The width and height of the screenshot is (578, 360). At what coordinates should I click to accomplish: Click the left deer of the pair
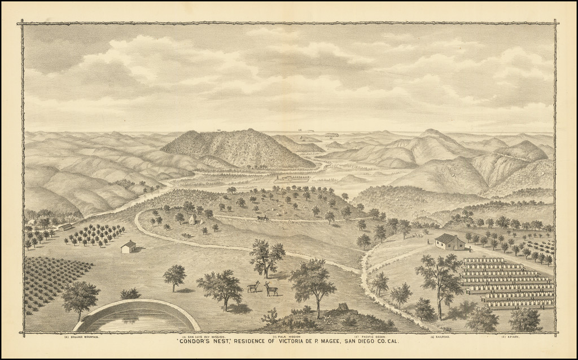[253, 287]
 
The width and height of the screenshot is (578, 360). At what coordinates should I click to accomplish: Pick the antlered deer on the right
[271, 289]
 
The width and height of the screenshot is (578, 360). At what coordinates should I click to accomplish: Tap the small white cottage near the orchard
[128, 247]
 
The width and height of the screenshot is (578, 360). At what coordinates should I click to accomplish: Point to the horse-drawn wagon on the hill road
[262, 217]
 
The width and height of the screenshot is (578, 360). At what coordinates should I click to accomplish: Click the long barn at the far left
[64, 227]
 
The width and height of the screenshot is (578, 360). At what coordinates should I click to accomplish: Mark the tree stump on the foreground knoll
[342, 307]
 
